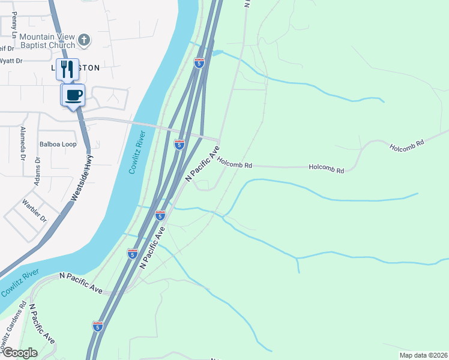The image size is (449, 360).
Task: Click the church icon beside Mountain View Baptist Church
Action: [85, 40]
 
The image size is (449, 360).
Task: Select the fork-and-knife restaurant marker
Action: [67, 68]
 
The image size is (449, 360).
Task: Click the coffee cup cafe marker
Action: [73, 95]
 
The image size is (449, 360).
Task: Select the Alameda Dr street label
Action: [23, 144]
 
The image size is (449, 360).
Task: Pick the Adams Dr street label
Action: [37, 172]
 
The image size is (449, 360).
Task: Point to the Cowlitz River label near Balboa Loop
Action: [137, 152]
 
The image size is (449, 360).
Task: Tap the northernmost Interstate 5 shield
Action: [199, 62]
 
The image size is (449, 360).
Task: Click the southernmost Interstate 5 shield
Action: [97, 325]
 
